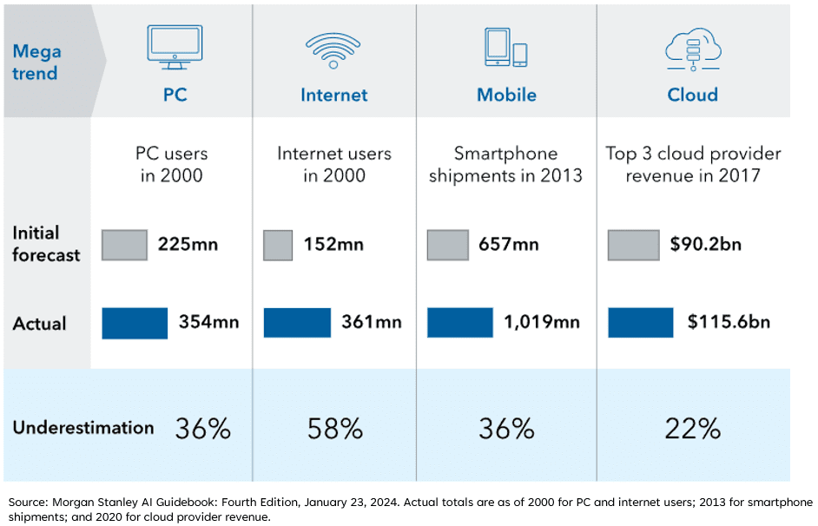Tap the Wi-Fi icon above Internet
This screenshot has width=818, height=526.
click(x=334, y=49)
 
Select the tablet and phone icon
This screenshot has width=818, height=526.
click(x=505, y=49)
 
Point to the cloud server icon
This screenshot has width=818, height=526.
click(x=692, y=49)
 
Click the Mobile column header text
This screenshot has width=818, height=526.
click(x=506, y=95)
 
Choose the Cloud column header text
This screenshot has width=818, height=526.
click(x=692, y=95)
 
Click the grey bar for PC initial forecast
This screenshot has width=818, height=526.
click(x=124, y=245)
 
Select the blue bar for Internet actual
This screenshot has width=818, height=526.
click(x=297, y=323)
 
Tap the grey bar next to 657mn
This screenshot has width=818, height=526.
click(x=448, y=245)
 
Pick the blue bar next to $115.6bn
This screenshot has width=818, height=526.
click(x=640, y=323)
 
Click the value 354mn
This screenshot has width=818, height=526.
click(x=209, y=323)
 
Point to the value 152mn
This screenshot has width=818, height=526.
click(x=333, y=245)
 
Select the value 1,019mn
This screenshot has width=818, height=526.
click(x=542, y=323)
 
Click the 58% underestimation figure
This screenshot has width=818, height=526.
click(x=334, y=428)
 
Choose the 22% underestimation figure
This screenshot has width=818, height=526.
click(x=692, y=428)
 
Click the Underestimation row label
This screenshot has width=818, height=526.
click(x=82, y=428)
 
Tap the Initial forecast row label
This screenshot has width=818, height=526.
click(x=46, y=244)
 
